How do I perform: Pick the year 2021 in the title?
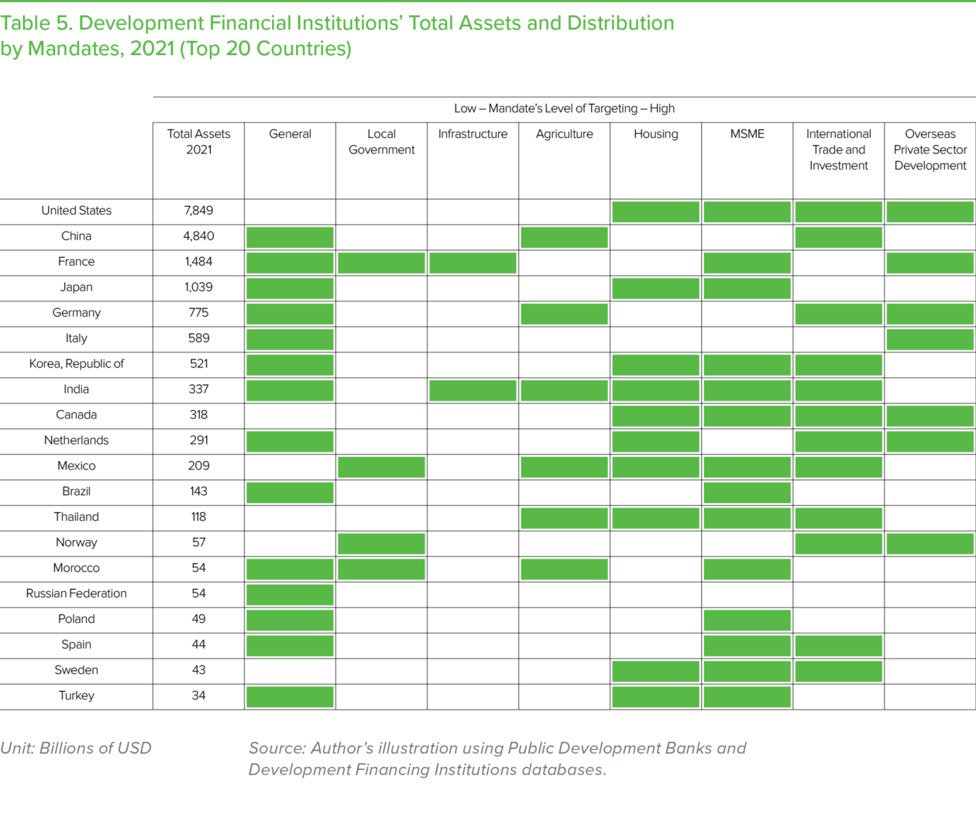pyautogui.click(x=152, y=49)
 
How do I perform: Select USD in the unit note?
pyautogui.click(x=135, y=748)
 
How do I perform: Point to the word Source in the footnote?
pyautogui.click(x=275, y=748)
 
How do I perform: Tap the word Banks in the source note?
pyautogui.click(x=692, y=748)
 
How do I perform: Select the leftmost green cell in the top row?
pyautogui.click(x=655, y=212)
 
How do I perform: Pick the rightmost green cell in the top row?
pyautogui.click(x=930, y=212)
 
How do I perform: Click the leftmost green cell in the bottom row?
pyautogui.click(x=290, y=696)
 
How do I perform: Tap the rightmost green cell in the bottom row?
pyautogui.click(x=747, y=696)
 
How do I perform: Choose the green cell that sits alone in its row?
pyautogui.click(x=290, y=594)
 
